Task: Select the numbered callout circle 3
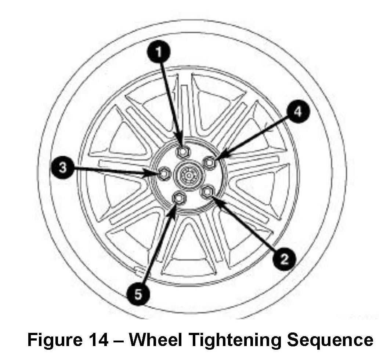pyautogui.click(x=64, y=168)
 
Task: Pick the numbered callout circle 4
pyautogui.click(x=298, y=112)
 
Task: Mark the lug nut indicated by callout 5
pyautogui.click(x=180, y=197)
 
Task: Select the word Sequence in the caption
pyautogui.click(x=329, y=340)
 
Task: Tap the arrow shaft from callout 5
pyautogui.click(x=156, y=250)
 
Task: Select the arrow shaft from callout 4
pyautogui.click(x=257, y=136)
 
